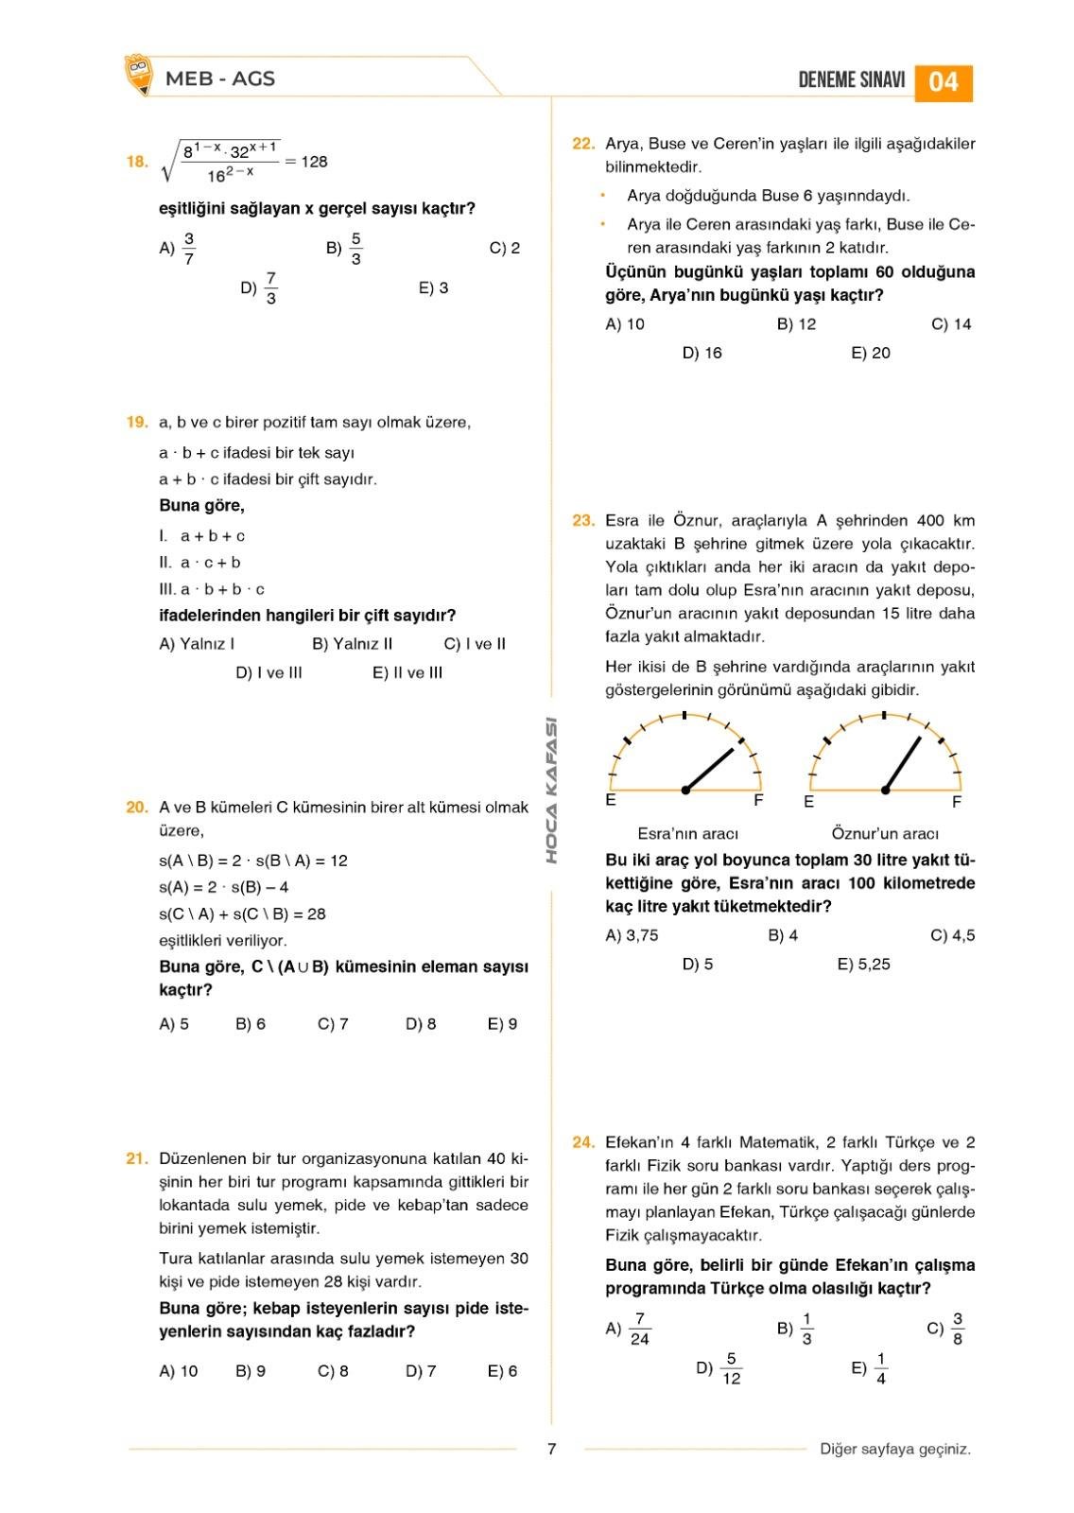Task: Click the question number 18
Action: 137,162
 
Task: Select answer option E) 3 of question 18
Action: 433,288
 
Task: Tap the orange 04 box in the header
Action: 943,81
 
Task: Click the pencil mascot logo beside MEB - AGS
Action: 138,75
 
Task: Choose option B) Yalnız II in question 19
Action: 352,644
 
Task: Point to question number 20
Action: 137,808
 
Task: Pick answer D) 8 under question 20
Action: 421,1024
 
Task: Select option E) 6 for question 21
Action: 502,1371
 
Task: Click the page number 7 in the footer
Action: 552,1449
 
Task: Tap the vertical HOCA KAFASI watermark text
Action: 552,791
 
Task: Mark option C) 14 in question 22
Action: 951,324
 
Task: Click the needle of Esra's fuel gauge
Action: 710,769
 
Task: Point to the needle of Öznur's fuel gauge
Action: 903,762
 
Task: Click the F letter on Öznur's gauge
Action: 957,803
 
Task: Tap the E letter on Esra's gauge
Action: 611,801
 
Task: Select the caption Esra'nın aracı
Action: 687,834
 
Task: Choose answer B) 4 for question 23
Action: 783,936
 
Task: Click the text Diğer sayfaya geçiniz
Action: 895,1449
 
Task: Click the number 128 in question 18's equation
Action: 314,162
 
